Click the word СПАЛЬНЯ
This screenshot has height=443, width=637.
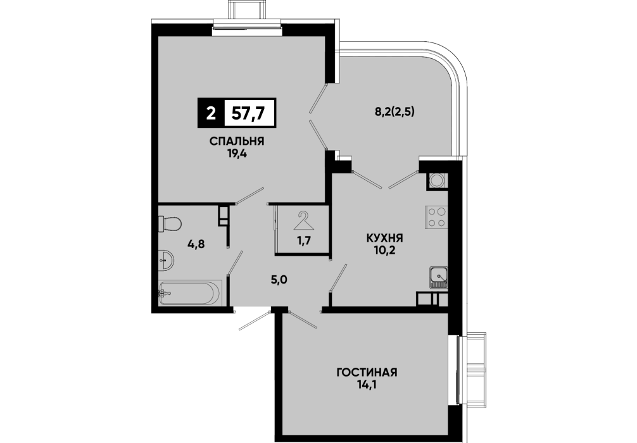coord(237,141)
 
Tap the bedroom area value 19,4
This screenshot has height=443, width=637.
coord(236,153)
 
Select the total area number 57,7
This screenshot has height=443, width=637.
coord(248,113)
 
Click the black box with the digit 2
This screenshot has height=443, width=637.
coord(211,113)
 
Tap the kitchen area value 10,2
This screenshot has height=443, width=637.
coord(384,249)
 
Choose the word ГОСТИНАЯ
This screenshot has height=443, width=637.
coord(367,372)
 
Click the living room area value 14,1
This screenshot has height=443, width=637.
coord(367,384)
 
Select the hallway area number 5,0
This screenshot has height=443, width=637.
coord(279,280)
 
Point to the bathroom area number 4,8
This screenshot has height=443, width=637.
coord(196,244)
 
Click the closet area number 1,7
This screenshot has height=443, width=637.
coord(304,240)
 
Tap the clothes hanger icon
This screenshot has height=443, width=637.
coord(305,220)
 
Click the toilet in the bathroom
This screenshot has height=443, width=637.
coord(170,224)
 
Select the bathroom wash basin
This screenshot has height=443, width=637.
coord(166,259)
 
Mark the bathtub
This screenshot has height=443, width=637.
coord(190,292)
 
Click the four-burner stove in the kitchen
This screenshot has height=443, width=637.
coord(436,217)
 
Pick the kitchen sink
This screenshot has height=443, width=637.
coord(439,278)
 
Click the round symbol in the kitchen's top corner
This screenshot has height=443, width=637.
coord(437,180)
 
